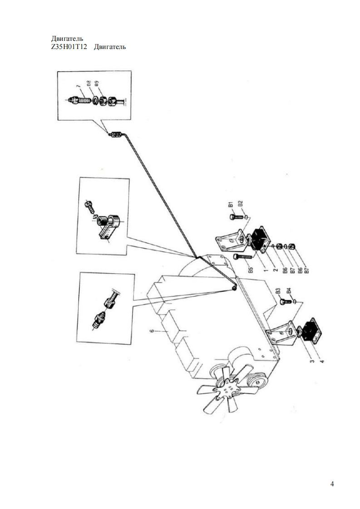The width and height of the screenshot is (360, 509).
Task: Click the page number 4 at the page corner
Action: [332, 484]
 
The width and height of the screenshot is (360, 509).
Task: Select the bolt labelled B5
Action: [242, 257]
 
